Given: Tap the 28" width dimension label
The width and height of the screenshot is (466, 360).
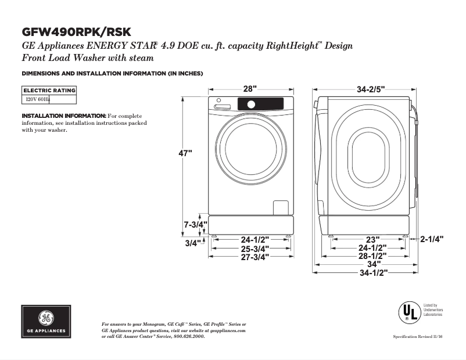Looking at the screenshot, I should pyautogui.click(x=250, y=89).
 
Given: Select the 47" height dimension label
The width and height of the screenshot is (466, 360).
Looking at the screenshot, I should pyautogui.click(x=185, y=153).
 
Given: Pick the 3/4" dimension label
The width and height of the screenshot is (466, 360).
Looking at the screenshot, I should pyautogui.click(x=192, y=243).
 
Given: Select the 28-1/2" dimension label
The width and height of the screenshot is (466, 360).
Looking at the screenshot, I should pyautogui.click(x=372, y=255).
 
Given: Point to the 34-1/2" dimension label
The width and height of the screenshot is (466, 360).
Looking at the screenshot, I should pyautogui.click(x=373, y=272).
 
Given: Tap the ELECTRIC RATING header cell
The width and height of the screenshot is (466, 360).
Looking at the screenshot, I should pyautogui.click(x=49, y=91).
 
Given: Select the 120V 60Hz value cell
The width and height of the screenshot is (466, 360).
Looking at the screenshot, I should pyautogui.click(x=36, y=99).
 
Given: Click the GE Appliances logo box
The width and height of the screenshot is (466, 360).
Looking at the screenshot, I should pyautogui.click(x=46, y=322).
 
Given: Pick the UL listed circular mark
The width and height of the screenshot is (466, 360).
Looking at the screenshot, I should pyautogui.click(x=408, y=312).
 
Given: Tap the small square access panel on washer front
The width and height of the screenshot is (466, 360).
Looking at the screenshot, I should pyautogui.click(x=281, y=208).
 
